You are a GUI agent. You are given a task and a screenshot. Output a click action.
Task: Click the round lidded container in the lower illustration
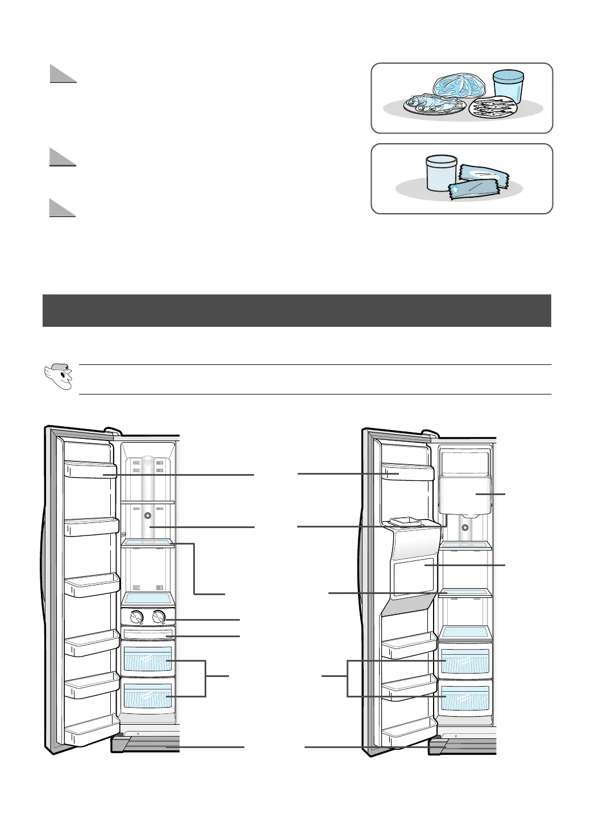click(441, 174)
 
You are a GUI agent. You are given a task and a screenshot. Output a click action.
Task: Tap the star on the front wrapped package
click(455, 188)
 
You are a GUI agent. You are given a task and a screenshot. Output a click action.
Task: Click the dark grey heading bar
click(297, 310)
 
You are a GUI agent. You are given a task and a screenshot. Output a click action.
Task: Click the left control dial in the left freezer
click(136, 617)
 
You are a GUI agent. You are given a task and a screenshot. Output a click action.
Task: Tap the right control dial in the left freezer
click(159, 617)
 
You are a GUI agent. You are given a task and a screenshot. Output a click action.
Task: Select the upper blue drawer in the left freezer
click(148, 660)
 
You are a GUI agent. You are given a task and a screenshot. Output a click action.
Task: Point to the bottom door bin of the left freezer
click(91, 734)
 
